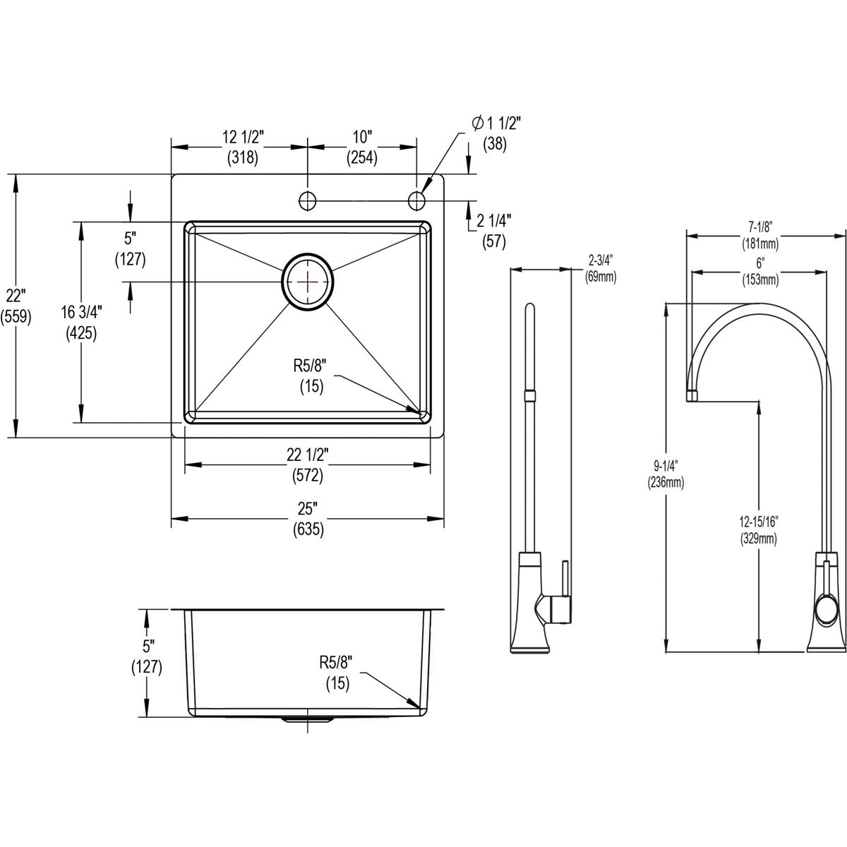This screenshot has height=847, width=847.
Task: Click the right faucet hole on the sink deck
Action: coord(416,200)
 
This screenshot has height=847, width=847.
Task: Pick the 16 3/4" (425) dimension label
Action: coord(80,322)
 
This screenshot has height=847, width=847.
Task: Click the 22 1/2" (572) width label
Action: coord(308,466)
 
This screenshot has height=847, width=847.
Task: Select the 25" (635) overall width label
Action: coord(308,519)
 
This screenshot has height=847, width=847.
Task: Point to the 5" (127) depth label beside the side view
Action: coord(147,656)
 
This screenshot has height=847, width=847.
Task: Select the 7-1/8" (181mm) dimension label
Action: coord(759,235)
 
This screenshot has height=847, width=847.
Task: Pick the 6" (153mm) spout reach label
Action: coord(759,270)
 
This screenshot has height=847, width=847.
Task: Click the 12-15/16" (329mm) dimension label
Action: coord(759,530)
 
